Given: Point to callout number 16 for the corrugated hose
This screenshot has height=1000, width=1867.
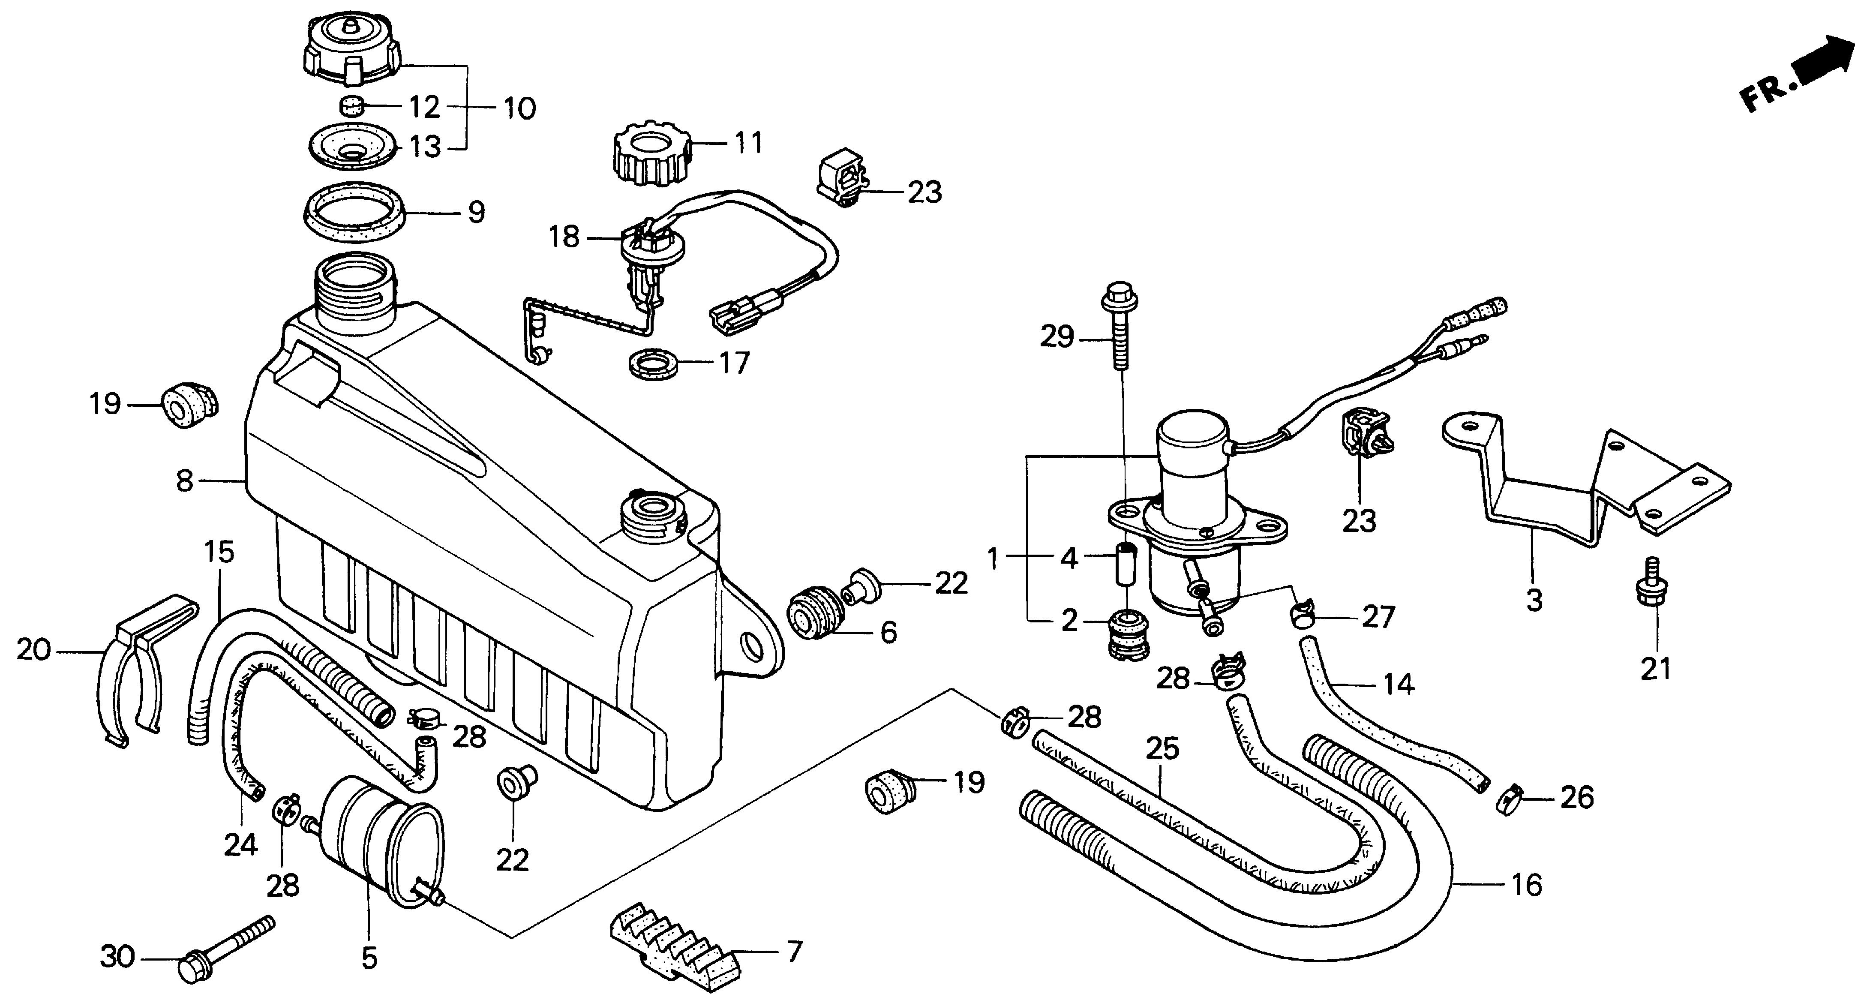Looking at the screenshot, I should pos(1526,885).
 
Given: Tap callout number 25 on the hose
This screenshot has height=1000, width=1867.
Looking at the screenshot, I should pos(1162,748).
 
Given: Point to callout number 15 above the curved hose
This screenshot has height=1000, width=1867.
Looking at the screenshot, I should pos(219,552).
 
